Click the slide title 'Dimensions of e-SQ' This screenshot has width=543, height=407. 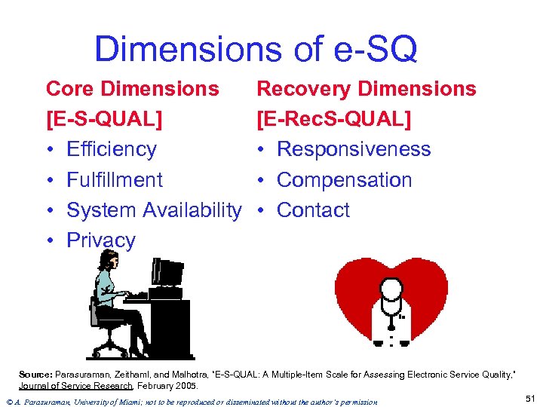click(256, 50)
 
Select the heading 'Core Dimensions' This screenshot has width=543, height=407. click(132, 88)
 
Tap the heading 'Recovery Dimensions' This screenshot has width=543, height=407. click(367, 88)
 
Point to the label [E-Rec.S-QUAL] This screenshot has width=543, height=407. click(334, 119)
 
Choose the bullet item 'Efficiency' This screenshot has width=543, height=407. click(111, 149)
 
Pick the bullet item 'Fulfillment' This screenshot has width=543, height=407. click(115, 180)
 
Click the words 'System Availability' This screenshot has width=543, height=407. click(154, 210)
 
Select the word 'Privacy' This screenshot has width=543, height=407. click(101, 240)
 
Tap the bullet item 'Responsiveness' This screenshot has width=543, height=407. click(354, 149)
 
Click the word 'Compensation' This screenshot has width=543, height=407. click(344, 180)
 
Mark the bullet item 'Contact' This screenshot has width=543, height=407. click(313, 210)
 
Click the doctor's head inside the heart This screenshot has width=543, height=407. click(391, 289)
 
